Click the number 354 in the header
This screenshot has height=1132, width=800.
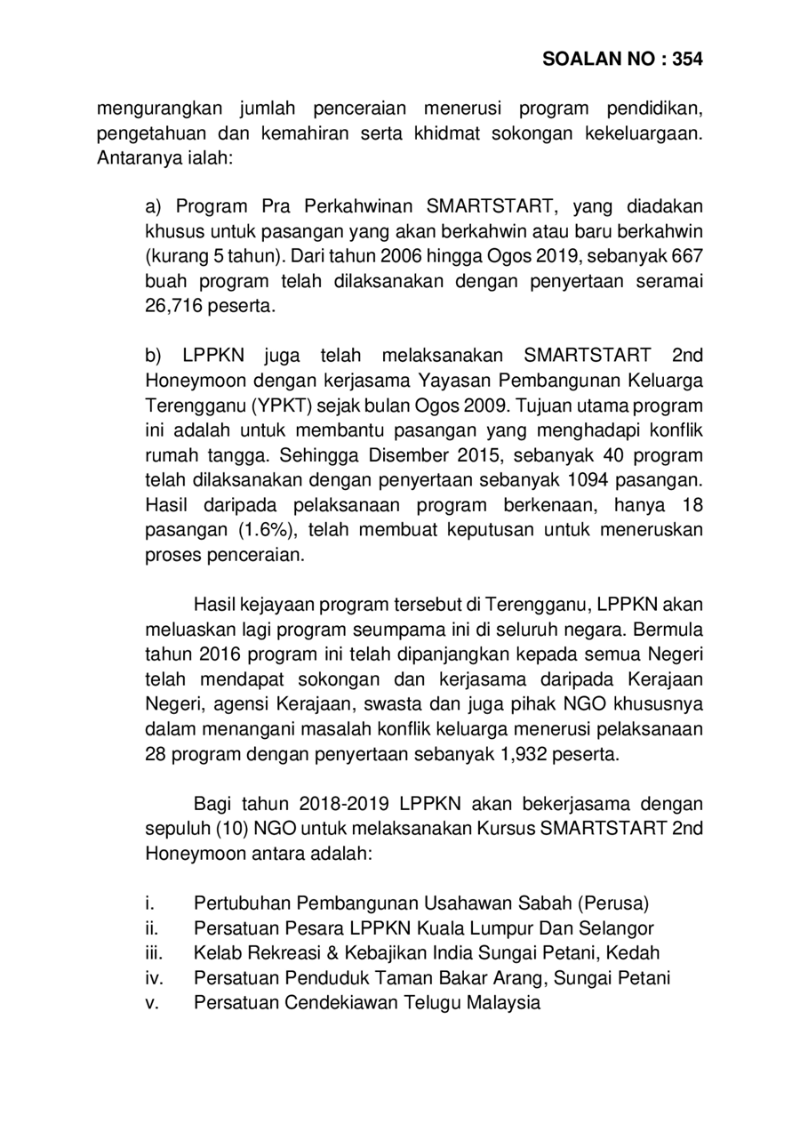click(687, 60)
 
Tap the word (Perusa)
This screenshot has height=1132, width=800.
click(612, 904)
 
